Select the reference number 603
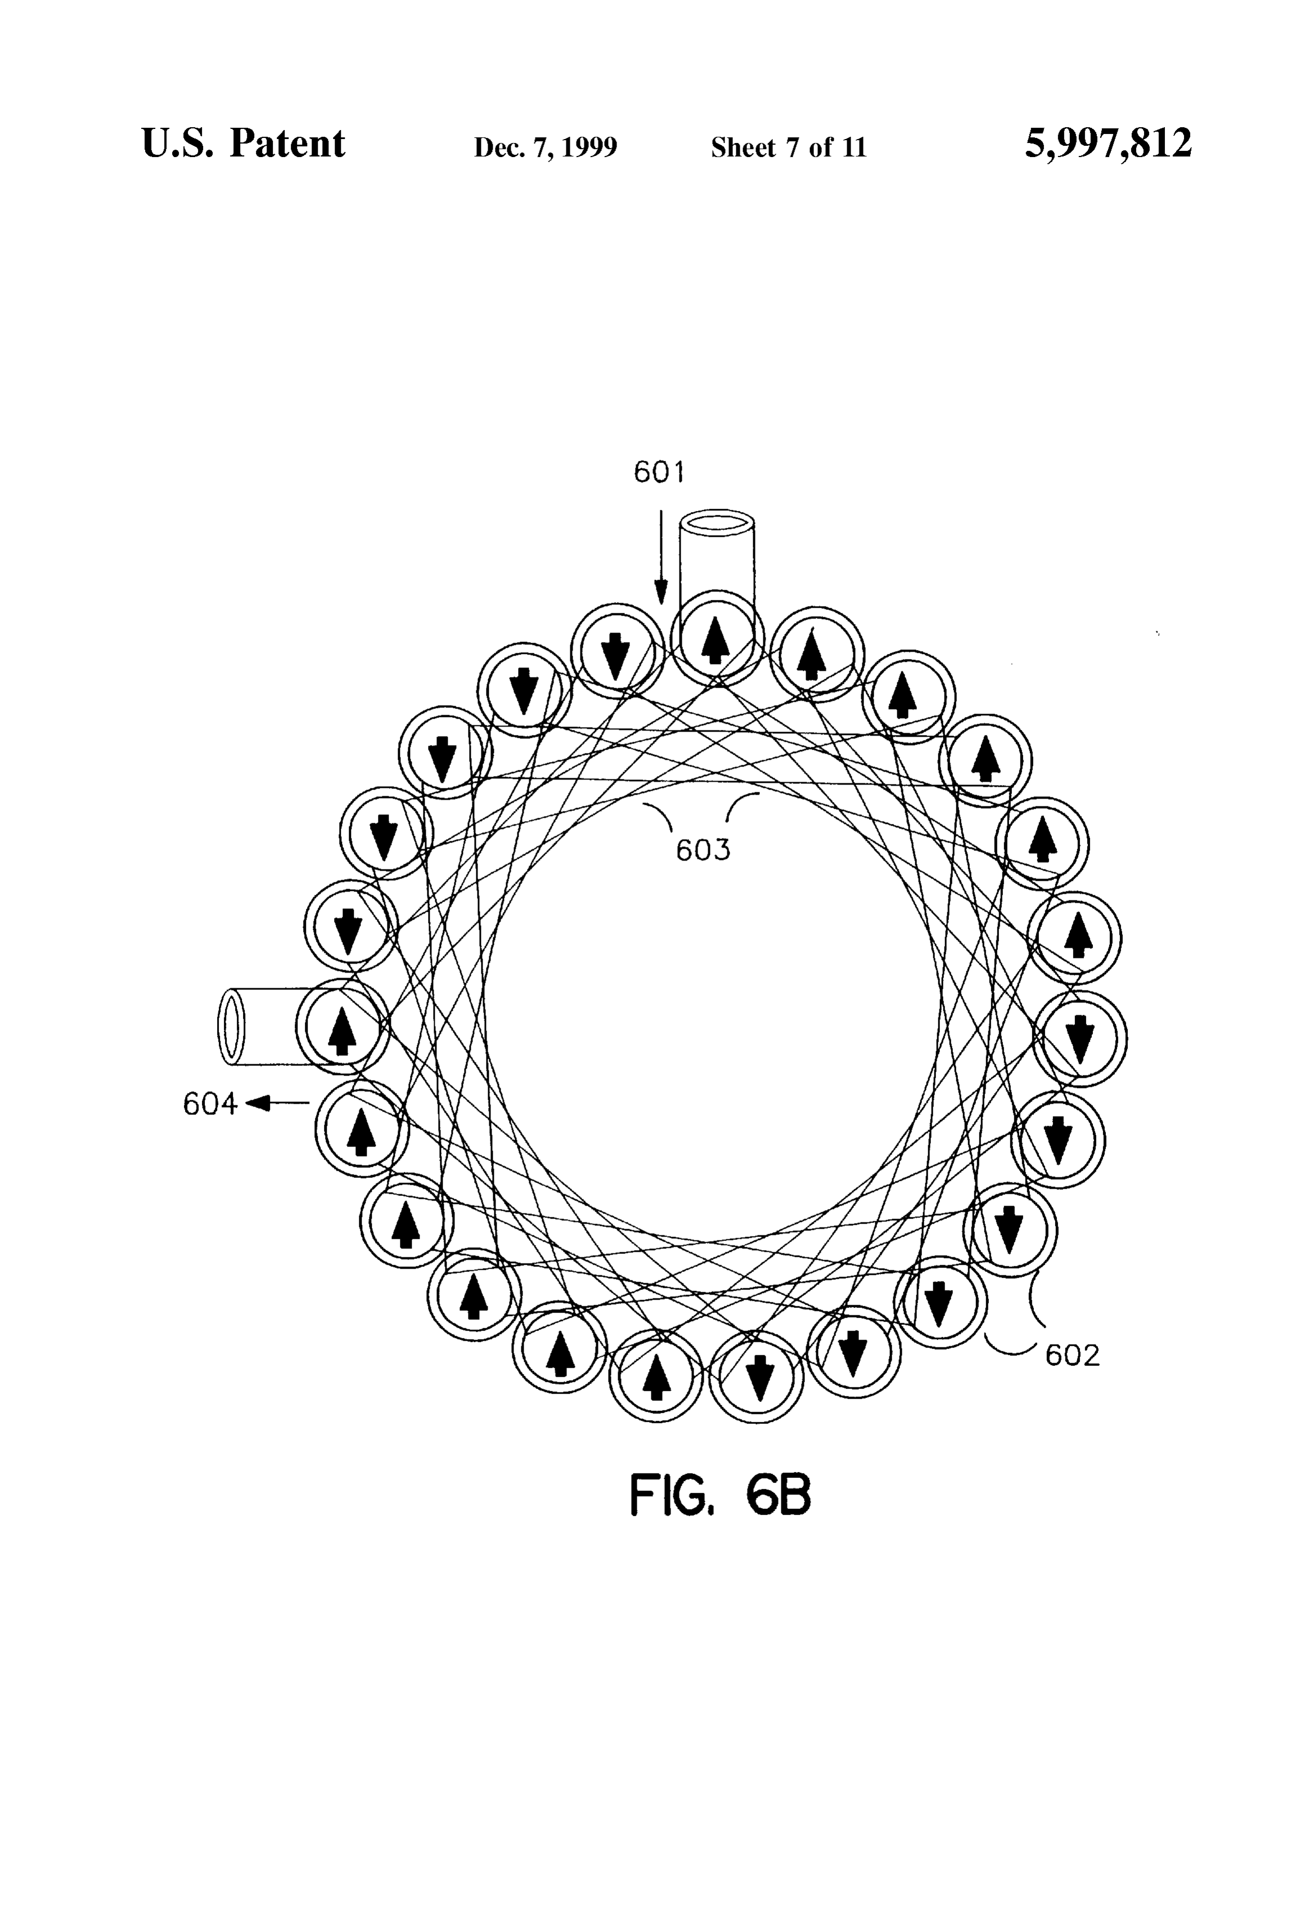click(703, 850)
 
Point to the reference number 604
click(209, 1104)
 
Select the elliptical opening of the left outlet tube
click(232, 1027)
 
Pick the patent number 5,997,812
click(1108, 144)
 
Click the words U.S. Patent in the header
click(244, 144)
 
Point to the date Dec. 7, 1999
click(545, 147)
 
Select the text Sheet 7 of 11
click(789, 147)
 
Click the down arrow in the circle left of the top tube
click(615, 655)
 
